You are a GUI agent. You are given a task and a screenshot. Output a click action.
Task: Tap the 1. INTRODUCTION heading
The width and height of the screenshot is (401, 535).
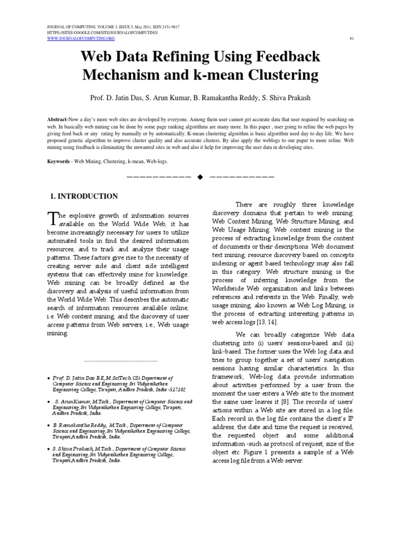pos(83,196)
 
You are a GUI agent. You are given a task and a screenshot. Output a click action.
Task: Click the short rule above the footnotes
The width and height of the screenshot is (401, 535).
pos(120,360)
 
